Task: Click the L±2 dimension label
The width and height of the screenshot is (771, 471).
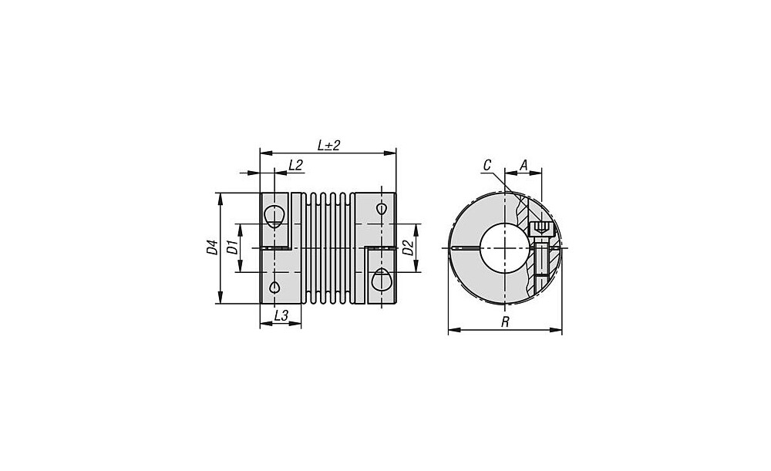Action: [x=329, y=146]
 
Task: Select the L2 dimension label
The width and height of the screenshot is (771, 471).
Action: [x=295, y=165]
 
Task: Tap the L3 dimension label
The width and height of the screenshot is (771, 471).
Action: [x=281, y=315]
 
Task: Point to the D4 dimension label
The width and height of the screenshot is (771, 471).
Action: [x=212, y=247]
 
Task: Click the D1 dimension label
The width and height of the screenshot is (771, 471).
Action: [x=231, y=247]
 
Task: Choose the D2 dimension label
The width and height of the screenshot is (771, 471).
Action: [x=408, y=247]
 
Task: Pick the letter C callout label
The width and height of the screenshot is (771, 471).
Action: [x=487, y=165]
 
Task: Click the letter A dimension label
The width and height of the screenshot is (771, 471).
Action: [x=524, y=165]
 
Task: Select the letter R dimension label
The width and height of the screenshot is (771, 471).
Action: [x=505, y=322]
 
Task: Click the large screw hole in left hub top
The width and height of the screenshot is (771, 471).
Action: [x=274, y=216]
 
